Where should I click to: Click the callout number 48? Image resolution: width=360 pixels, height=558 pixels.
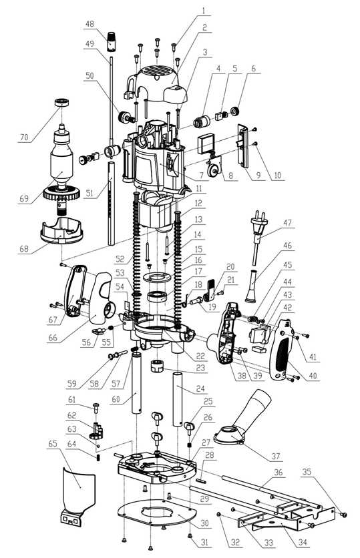(x=89, y=24)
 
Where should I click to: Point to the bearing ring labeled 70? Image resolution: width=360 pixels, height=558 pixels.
(x=61, y=103)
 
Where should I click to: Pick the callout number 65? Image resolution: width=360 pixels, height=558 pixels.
(x=53, y=443)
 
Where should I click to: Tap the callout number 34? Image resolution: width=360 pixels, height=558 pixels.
(x=302, y=543)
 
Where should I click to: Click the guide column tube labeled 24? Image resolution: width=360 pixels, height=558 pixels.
(x=178, y=399)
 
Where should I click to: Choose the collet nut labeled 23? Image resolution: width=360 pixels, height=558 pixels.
(x=158, y=366)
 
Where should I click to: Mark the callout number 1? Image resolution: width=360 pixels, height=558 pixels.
(x=204, y=11)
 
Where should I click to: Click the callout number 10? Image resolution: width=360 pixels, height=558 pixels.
(x=277, y=175)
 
